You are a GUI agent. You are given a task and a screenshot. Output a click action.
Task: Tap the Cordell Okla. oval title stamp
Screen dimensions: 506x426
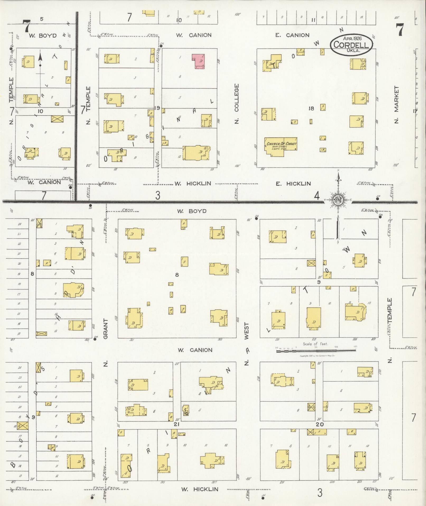point(351,44)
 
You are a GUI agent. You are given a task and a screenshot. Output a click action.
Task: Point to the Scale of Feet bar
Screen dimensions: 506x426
point(316,351)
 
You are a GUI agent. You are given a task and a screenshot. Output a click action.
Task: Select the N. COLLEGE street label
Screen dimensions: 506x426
point(236,104)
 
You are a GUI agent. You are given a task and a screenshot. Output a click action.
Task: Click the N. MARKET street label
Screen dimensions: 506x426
point(396,104)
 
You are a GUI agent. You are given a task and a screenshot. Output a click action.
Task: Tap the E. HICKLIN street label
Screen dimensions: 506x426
point(293,184)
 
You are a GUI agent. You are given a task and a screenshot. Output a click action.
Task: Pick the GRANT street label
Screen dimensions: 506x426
point(106,329)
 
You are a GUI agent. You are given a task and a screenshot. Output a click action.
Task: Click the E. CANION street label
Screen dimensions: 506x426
point(292,35)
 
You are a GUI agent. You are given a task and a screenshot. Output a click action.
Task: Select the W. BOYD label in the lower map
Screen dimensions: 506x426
point(192,211)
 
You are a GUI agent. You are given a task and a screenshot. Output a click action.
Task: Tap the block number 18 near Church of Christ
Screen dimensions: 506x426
point(311,108)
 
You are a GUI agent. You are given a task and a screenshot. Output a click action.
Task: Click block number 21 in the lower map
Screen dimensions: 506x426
point(177,424)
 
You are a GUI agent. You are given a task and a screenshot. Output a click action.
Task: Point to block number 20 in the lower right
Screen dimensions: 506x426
point(320,424)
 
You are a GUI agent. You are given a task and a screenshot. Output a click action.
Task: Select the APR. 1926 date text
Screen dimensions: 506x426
point(352,38)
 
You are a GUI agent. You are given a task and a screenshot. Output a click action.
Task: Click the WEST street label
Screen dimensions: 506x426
point(247,331)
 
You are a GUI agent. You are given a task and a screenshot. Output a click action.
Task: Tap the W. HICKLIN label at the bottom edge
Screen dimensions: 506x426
point(200,489)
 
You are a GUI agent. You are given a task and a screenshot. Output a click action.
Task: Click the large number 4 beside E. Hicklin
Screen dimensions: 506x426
point(317,196)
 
